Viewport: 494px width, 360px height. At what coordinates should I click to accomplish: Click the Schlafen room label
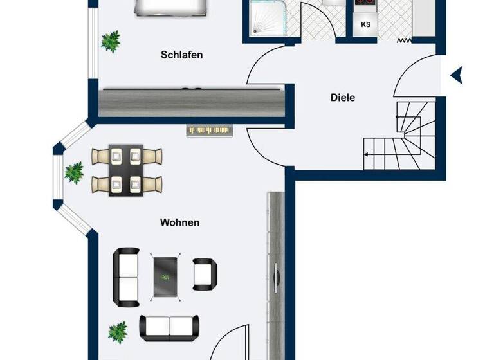click(x=181, y=55)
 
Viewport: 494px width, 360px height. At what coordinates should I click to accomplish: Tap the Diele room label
click(x=343, y=98)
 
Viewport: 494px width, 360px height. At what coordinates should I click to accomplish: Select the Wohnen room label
click(x=179, y=223)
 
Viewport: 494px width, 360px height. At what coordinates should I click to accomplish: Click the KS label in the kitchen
click(x=366, y=25)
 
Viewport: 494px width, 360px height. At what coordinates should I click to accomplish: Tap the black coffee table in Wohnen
click(x=166, y=276)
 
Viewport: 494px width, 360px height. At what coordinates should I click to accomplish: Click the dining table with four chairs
click(x=126, y=170)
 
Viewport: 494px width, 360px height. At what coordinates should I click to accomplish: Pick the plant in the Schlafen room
click(x=111, y=41)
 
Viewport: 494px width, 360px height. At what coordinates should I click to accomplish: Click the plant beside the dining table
click(x=74, y=172)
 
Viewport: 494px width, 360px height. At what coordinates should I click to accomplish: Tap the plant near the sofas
click(x=117, y=332)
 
